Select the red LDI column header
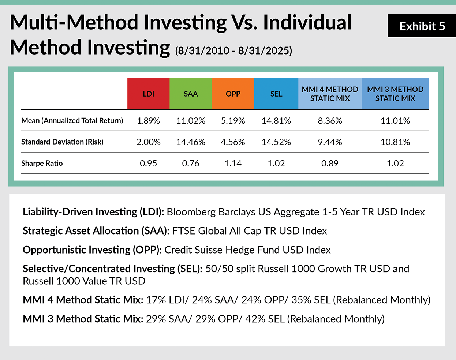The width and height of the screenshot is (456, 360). (x=148, y=94)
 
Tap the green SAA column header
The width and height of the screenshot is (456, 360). (x=191, y=94)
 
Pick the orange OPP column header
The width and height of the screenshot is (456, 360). (x=233, y=94)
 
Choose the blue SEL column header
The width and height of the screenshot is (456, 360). (x=276, y=94)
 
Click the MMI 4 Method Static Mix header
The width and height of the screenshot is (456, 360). (x=330, y=94)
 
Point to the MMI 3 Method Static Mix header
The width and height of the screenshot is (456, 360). (x=395, y=94)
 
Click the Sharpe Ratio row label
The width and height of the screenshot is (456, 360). (x=42, y=163)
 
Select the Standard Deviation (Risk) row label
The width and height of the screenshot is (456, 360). (x=62, y=142)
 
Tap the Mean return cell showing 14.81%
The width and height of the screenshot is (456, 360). (x=276, y=121)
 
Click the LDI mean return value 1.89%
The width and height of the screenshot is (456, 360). (x=148, y=121)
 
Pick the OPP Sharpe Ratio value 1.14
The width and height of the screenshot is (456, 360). (x=233, y=163)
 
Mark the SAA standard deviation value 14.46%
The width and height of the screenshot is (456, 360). (x=191, y=142)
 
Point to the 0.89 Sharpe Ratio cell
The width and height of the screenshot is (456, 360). (x=330, y=163)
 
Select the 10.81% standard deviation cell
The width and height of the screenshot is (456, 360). (x=395, y=142)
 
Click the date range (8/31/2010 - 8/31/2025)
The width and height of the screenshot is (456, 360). (x=233, y=50)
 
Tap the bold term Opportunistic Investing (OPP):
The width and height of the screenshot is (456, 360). (x=92, y=250)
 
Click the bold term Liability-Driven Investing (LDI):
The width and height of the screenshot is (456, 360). (x=93, y=212)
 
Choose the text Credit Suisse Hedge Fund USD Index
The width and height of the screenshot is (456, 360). (x=247, y=250)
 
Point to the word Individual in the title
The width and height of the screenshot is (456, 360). (x=307, y=23)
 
